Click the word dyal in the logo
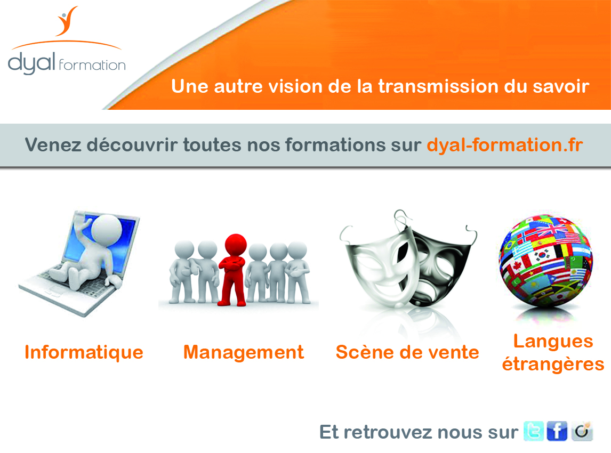31,63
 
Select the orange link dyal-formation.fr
504,145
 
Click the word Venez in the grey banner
53,145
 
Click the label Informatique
84,352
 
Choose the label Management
244,352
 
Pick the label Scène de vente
407,352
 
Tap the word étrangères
553,365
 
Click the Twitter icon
534,431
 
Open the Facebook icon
557,431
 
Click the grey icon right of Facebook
582,431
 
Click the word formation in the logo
92,64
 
